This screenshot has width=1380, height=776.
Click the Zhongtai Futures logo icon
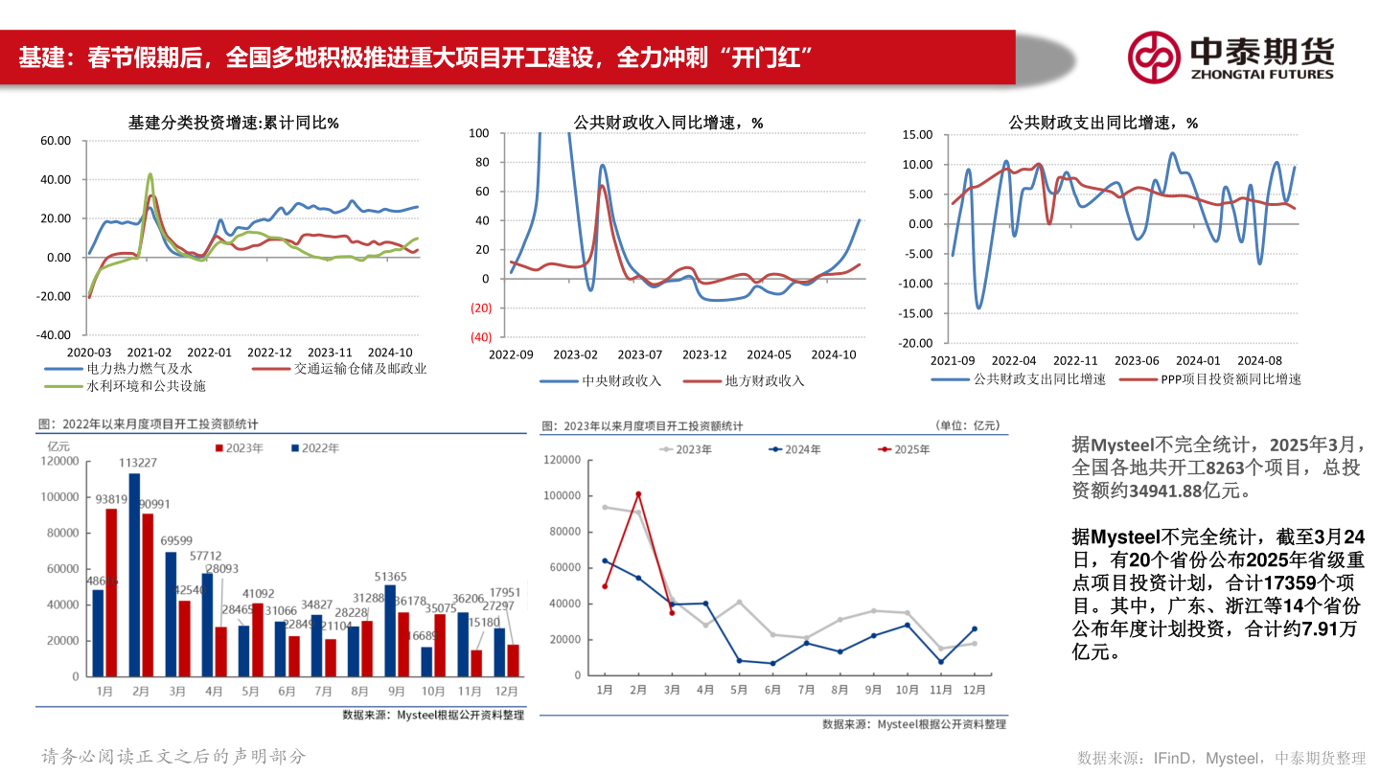(x=1153, y=57)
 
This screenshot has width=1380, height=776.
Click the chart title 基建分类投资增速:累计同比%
(x=234, y=123)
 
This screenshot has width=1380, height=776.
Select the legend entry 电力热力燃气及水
(x=140, y=368)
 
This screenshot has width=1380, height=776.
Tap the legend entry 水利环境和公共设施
(x=146, y=386)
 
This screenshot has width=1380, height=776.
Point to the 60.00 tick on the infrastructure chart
(x=56, y=141)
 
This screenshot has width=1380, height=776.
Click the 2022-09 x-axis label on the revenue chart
(x=511, y=354)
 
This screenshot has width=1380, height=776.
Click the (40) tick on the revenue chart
(x=480, y=337)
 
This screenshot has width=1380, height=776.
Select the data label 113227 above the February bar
(x=138, y=463)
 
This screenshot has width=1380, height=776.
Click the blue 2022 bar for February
(x=134, y=575)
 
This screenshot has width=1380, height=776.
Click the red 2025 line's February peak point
(x=638, y=494)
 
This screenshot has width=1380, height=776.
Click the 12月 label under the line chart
(x=975, y=689)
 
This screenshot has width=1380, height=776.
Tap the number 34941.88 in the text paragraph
(x=1158, y=491)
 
